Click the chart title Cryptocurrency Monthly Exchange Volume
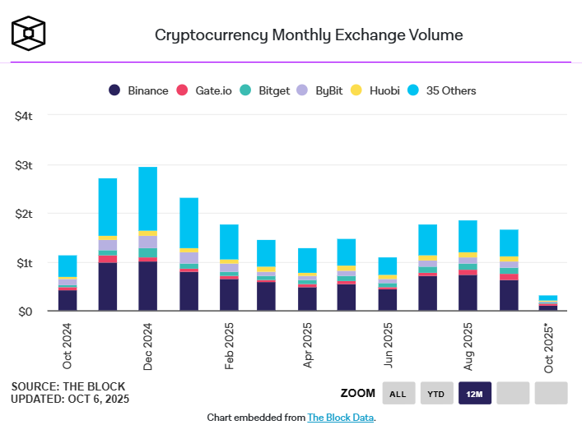(x=309, y=35)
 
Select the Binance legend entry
(x=139, y=90)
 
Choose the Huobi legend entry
(x=376, y=90)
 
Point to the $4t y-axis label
(x=24, y=116)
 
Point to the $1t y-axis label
(x=24, y=263)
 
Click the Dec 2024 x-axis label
(x=148, y=345)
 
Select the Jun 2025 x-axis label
(x=389, y=345)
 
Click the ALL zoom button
(x=398, y=394)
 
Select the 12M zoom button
(x=474, y=394)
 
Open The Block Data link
(x=340, y=418)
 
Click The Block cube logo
(x=29, y=32)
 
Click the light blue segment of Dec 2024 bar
(x=148, y=198)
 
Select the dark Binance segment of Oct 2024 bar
(x=68, y=300)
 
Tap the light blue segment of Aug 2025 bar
(x=468, y=236)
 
